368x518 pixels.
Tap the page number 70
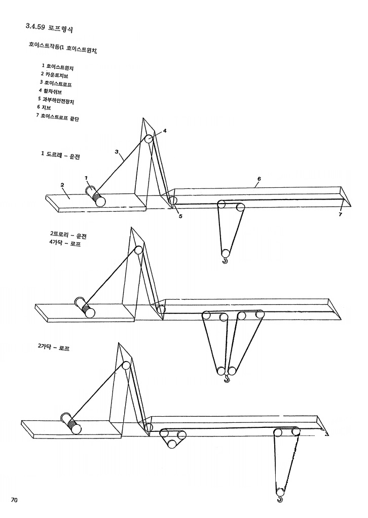coord(15,500)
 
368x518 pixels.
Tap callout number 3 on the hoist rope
coord(117,152)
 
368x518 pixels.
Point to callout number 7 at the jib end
coord(340,215)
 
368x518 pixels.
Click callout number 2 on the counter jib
coord(62,185)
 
